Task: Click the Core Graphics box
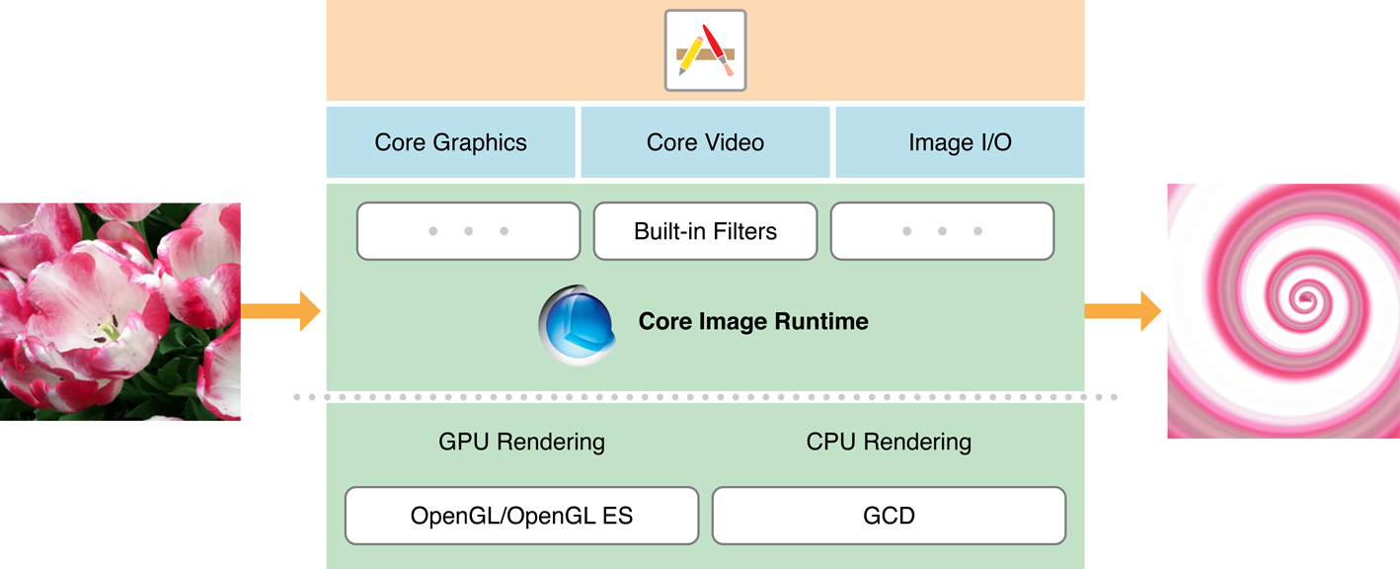[450, 142]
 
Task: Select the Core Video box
[705, 142]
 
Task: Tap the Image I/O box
[960, 142]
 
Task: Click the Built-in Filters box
[705, 231]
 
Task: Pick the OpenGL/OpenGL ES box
[521, 516]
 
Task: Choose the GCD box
[889, 516]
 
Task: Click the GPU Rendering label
[521, 442]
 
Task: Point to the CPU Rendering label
[889, 442]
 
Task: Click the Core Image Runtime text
[753, 321]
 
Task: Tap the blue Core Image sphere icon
[578, 324]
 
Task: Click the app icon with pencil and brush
[705, 50]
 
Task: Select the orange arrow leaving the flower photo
[281, 311]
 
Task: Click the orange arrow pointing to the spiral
[1124, 311]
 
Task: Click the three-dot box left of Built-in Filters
[468, 231]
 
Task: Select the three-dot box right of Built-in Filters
[942, 231]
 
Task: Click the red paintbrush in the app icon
[719, 47]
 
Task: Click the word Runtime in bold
[821, 321]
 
